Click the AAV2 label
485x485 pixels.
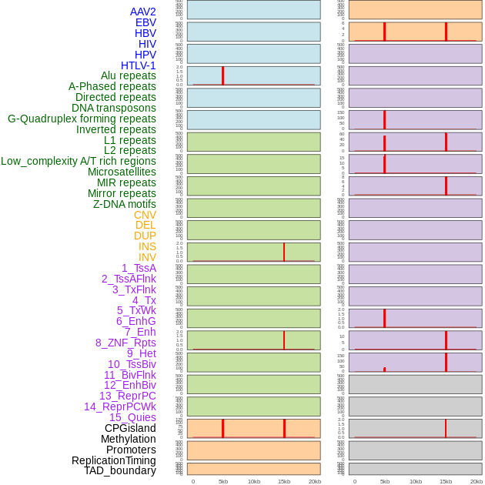pos(142,12)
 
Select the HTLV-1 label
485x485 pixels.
pos(138,65)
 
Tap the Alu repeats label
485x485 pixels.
pos(128,75)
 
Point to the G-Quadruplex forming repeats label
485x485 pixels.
pos(82,119)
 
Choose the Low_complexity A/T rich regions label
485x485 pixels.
pos(78,161)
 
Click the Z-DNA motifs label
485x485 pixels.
pos(124,204)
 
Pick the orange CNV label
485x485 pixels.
pos(145,215)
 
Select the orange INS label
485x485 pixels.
pos(147,246)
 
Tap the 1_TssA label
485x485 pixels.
pos(139,268)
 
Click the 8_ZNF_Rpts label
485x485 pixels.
pos(125,343)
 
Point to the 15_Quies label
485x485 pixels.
pos(132,417)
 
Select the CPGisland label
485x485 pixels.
pos(130,428)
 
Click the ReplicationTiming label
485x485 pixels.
pos(114,460)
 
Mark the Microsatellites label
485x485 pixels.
pos(122,172)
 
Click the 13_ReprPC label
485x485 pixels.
pos(127,396)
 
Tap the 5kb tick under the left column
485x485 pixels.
pos(223,481)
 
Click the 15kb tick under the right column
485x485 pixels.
pos(446,481)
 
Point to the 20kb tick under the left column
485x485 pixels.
pos(314,481)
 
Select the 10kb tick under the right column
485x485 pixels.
pos(416,481)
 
